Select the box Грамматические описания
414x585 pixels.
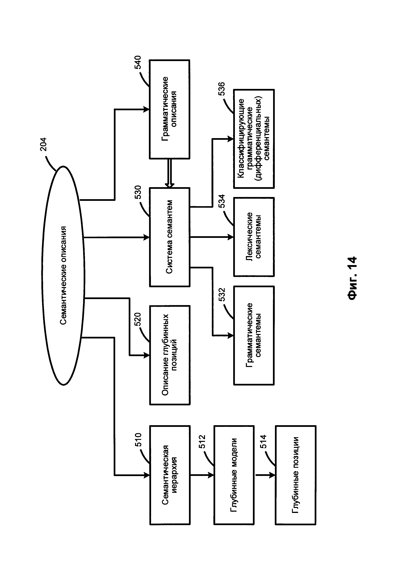point(170,109)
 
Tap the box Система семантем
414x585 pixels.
point(170,237)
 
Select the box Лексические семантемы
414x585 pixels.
point(254,237)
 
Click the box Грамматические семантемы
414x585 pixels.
point(254,335)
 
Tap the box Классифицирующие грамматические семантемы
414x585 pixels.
point(254,139)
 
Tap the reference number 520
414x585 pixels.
point(138,319)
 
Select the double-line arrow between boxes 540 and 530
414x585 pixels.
point(170,173)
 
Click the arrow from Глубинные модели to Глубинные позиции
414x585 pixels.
point(265,475)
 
